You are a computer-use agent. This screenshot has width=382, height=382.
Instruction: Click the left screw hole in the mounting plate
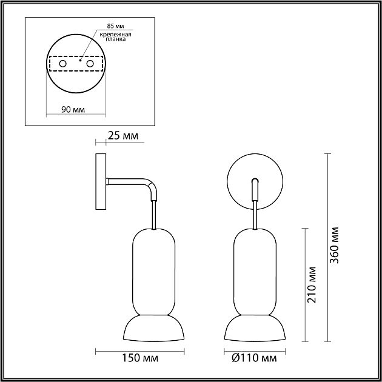click(x=62, y=64)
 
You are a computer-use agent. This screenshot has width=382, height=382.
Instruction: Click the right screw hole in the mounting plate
click(x=90, y=64)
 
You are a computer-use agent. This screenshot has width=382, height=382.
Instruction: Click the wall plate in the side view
click(x=101, y=182)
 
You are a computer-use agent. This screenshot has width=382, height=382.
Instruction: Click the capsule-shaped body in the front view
click(x=254, y=270)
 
